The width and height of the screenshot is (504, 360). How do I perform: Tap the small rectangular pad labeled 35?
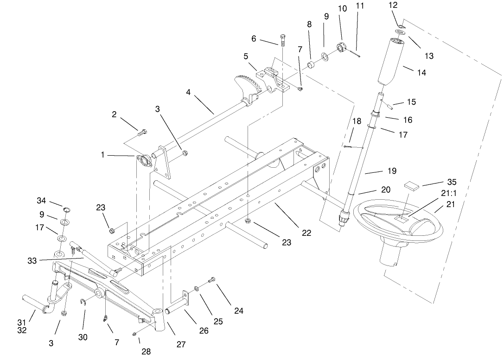[x=410, y=185]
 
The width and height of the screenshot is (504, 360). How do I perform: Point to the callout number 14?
[x=421, y=72]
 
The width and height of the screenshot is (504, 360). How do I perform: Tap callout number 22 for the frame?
[x=306, y=233]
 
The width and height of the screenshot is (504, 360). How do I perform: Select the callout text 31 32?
[x=22, y=326]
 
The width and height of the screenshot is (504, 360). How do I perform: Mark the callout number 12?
[x=393, y=5]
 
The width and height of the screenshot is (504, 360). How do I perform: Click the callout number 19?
[x=392, y=171]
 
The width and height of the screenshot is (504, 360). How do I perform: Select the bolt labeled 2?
[x=143, y=132]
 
